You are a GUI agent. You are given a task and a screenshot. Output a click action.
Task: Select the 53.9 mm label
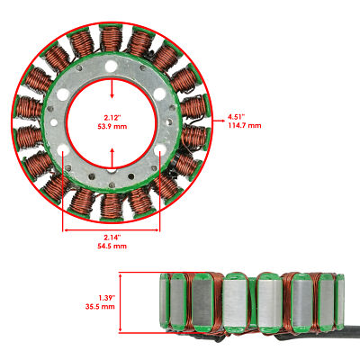click(x=112, y=127)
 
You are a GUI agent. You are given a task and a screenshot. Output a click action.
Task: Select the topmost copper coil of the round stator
click(x=111, y=39)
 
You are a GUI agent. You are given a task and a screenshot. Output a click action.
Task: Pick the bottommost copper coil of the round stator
click(x=111, y=205)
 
